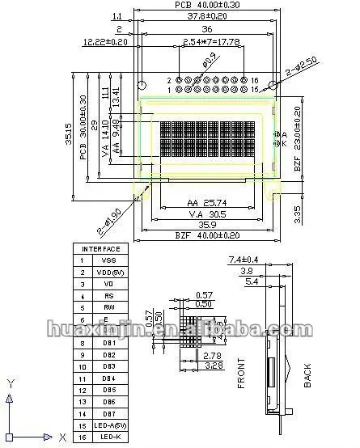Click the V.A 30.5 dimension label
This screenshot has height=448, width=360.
click(205, 217)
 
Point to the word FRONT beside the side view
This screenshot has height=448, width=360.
click(242, 373)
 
